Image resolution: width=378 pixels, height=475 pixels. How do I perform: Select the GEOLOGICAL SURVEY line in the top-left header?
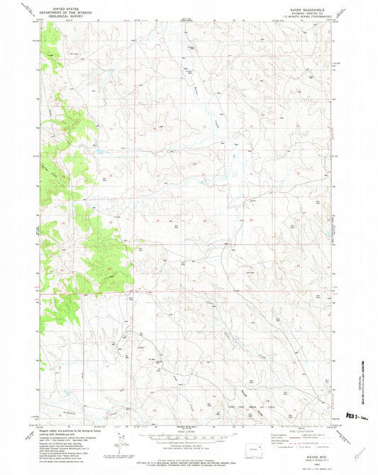click(x=58, y=15)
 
